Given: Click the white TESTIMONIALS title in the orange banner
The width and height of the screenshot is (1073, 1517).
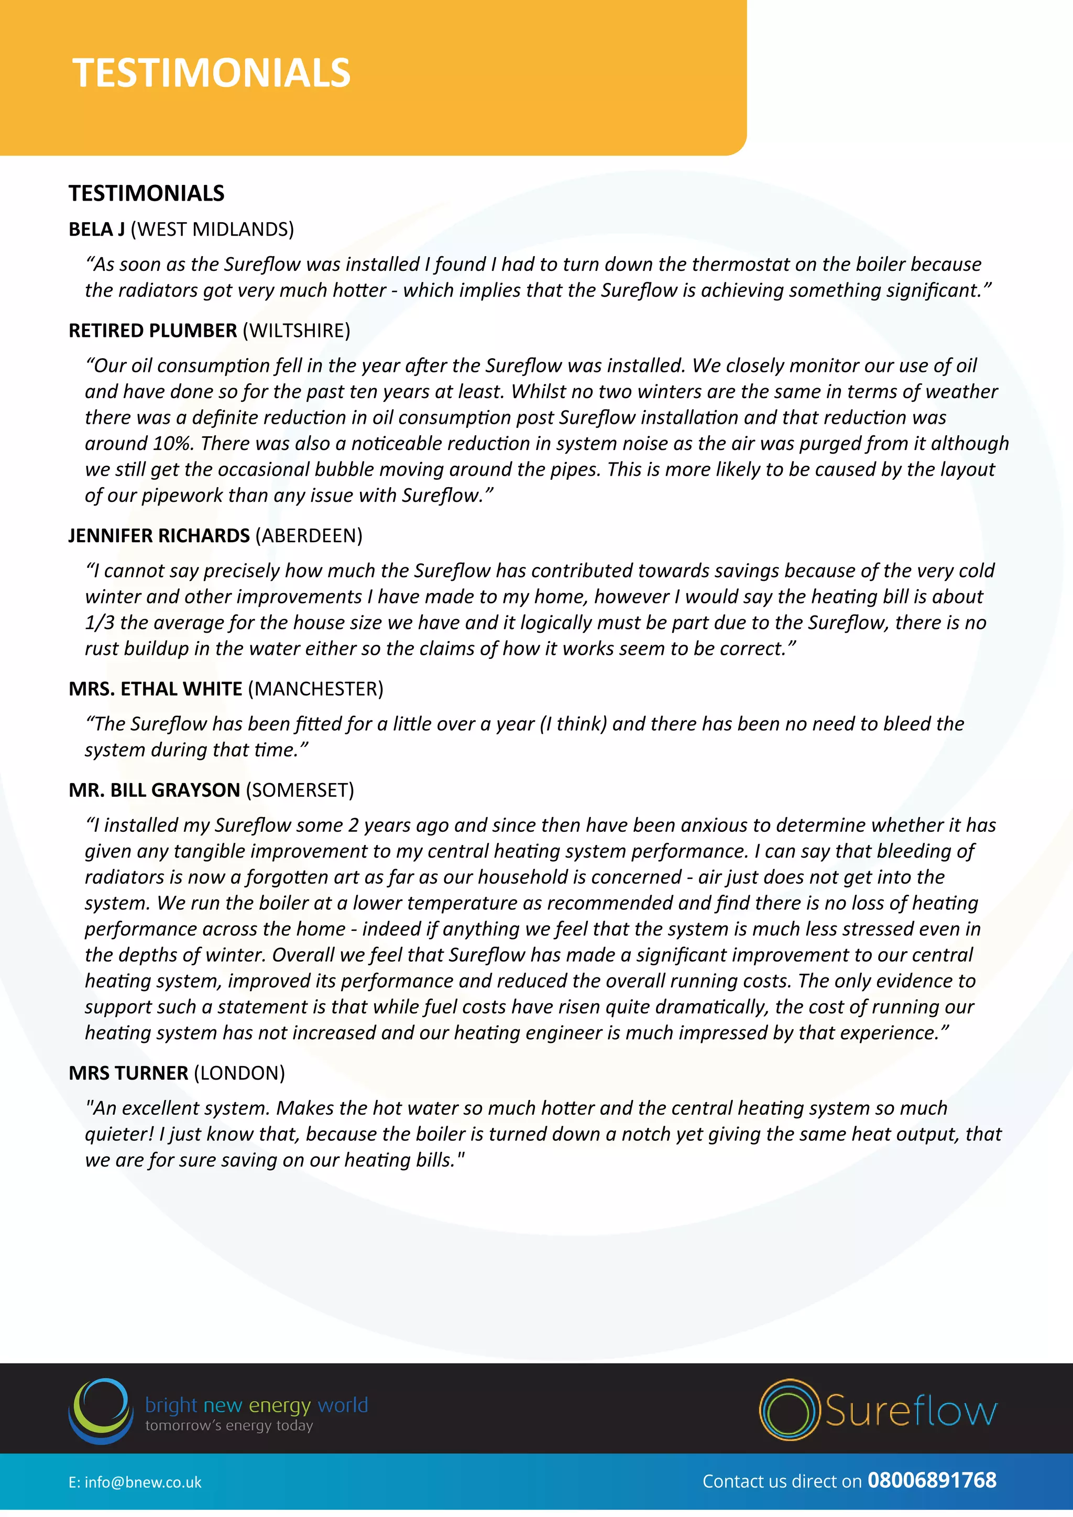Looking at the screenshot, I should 212,73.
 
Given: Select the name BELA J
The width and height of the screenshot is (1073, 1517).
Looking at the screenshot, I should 96,229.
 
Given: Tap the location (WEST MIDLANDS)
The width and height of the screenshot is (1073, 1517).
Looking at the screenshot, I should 212,229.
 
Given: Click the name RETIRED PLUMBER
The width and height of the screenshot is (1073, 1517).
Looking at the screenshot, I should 152,331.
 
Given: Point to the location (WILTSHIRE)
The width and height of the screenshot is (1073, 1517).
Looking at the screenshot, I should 296,331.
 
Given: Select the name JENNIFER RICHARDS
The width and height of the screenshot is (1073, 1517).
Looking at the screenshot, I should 159,535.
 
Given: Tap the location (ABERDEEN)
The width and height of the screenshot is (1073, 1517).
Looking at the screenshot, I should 309,535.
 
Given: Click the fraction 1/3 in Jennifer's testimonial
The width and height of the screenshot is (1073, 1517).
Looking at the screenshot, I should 100,622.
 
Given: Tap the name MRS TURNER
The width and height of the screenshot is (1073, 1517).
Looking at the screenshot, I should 128,1072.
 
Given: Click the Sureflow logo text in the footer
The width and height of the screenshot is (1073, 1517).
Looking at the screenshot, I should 910,1411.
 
